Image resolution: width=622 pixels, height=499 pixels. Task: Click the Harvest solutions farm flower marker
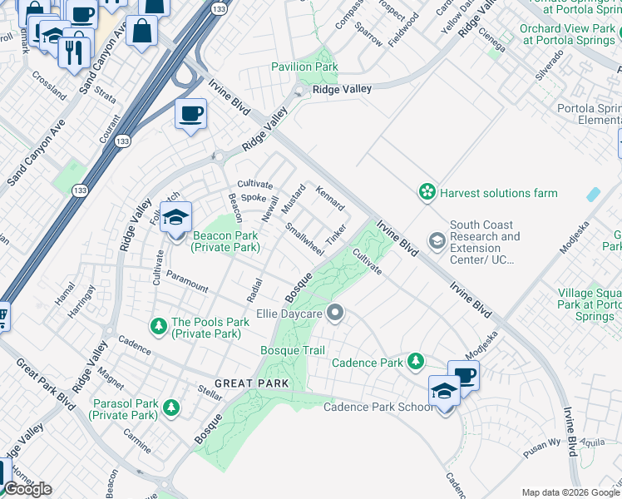tap(427, 193)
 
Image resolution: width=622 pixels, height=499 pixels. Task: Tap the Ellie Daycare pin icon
tap(335, 314)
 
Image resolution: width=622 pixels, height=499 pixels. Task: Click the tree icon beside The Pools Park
tap(158, 323)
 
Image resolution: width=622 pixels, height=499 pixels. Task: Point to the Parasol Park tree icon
tap(170, 408)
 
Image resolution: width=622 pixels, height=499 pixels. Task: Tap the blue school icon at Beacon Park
tap(175, 219)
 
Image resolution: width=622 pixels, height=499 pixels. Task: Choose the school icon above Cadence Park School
tap(445, 391)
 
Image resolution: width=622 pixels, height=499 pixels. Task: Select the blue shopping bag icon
tap(142, 31)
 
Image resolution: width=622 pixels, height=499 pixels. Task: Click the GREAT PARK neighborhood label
tap(251, 383)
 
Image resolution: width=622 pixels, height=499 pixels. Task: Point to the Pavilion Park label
tap(304, 67)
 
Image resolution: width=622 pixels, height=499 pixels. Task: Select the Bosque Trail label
tap(292, 351)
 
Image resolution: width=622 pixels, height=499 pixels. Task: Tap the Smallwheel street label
tap(304, 238)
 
